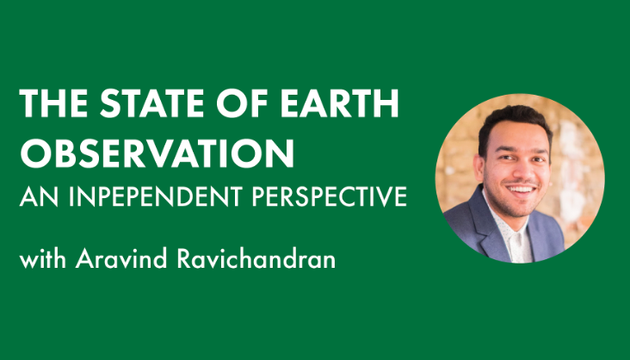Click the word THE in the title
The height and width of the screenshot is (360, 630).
53,103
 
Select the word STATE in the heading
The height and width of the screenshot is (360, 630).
151,103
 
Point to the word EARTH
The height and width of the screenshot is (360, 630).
339,103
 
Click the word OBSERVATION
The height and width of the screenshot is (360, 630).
157,153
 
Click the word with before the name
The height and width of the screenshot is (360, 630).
42,258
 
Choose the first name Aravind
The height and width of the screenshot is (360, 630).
121,258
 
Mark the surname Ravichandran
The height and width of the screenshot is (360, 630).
256,258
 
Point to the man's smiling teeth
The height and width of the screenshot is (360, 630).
521,189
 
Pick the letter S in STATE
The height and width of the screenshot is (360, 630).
109,103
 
